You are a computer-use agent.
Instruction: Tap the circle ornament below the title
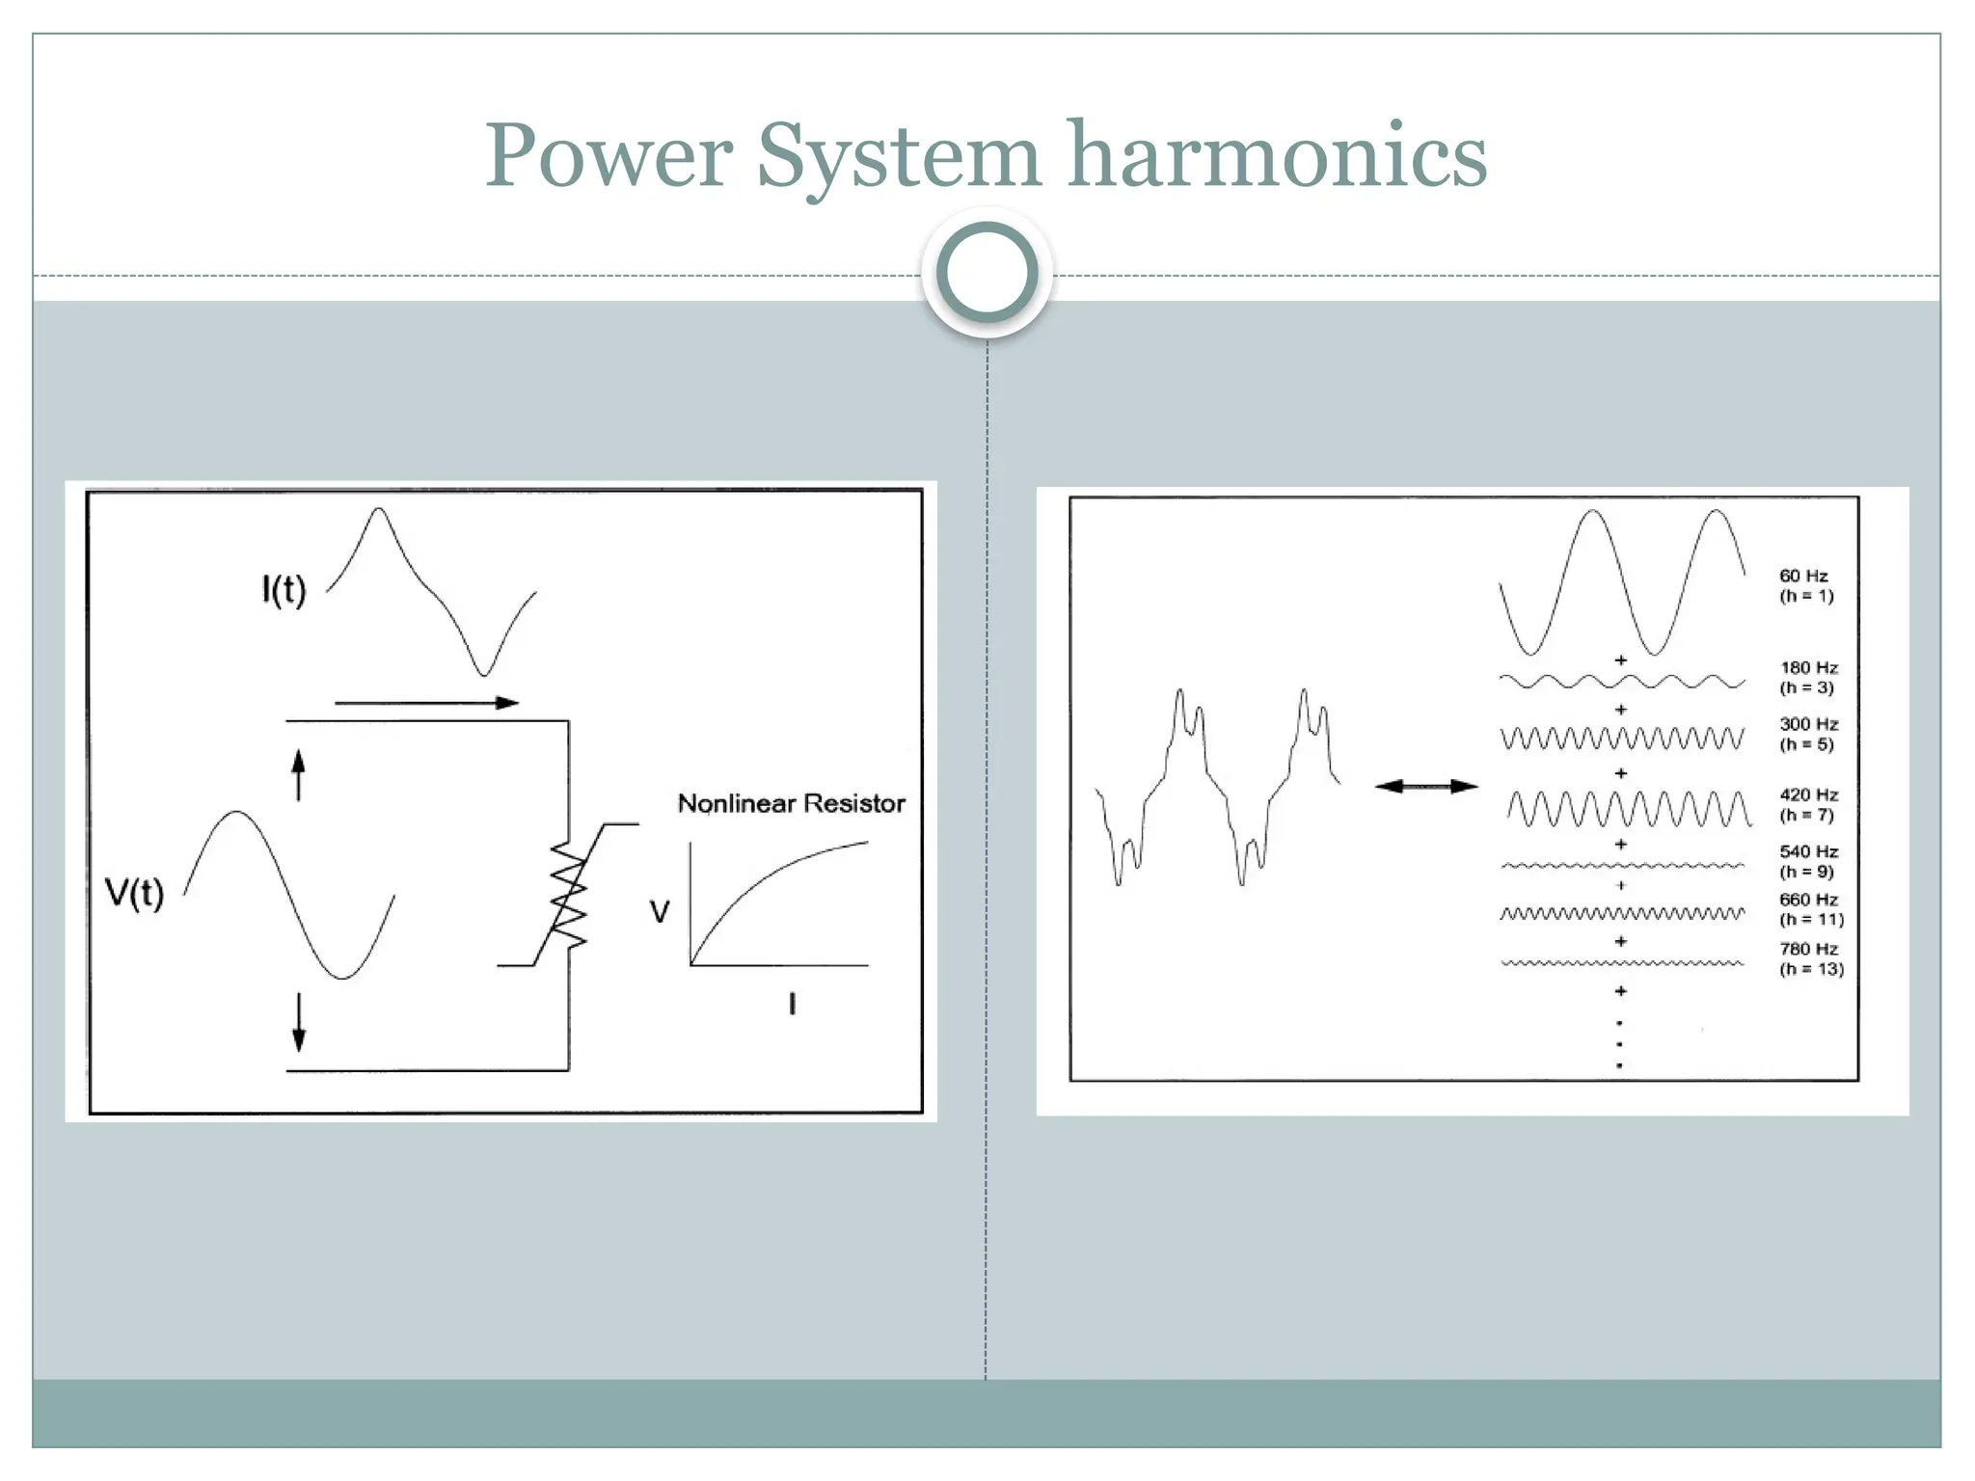[987, 273]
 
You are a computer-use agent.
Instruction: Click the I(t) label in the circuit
[284, 589]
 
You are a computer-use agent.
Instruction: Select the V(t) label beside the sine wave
[134, 893]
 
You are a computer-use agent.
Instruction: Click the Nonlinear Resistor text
[791, 803]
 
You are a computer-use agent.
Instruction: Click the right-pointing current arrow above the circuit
[426, 703]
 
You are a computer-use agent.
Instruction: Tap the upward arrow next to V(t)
[298, 775]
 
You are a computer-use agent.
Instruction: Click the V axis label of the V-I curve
[660, 911]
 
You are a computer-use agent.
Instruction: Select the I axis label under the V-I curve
[792, 1005]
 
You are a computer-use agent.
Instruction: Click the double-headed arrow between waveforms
[1425, 787]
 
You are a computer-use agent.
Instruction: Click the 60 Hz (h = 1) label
[1805, 585]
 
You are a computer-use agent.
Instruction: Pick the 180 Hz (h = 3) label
[1808, 677]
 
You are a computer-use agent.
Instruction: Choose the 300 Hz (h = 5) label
[1808, 734]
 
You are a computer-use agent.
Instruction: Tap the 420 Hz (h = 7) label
[1808, 804]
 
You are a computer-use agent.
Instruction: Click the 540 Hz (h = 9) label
[1808, 861]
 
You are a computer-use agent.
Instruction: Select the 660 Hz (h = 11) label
[1810, 909]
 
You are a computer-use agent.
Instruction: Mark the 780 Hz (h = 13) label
[1810, 958]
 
